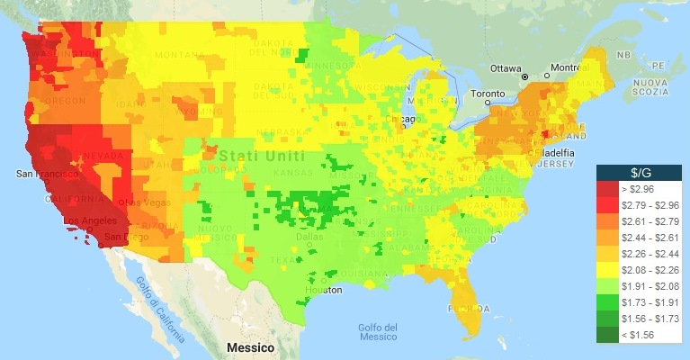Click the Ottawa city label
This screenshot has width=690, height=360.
pos(506,68)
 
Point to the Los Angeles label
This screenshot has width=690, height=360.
pos(90,220)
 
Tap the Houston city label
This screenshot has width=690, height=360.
pos(322,290)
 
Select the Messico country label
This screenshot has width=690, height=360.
pos(250,346)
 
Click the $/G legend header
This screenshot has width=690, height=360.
pos(641,172)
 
